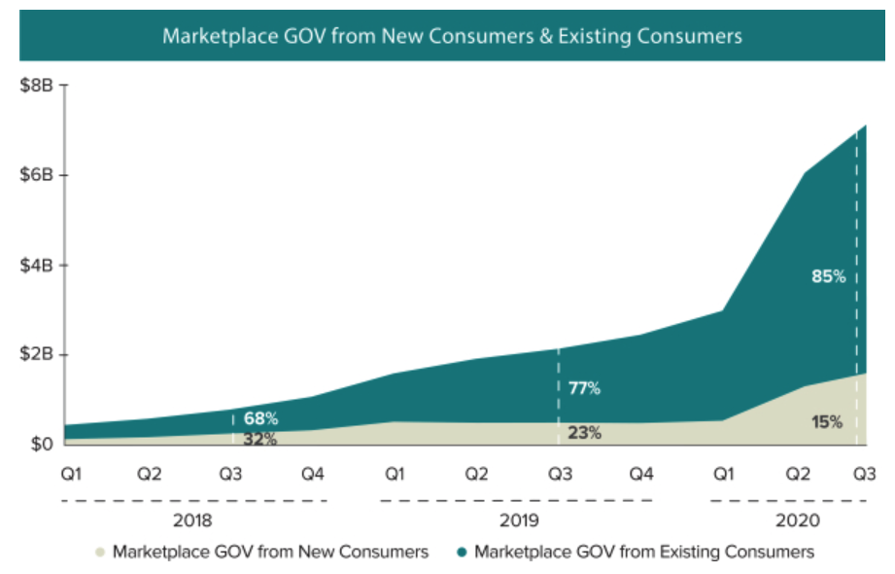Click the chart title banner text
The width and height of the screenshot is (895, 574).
452,36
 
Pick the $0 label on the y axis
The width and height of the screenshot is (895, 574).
42,445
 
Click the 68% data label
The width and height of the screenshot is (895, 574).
260,419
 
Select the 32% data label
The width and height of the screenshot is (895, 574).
260,439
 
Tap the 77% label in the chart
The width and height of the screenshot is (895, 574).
583,389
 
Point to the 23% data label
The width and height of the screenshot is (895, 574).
583,433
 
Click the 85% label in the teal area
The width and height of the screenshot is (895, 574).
828,276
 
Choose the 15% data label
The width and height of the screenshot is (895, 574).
827,422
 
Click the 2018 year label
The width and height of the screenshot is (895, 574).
192,521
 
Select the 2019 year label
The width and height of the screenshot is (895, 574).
516,521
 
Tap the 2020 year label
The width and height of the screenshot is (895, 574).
798,521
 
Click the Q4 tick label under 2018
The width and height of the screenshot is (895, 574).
312,475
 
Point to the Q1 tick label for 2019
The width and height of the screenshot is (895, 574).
395,475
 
